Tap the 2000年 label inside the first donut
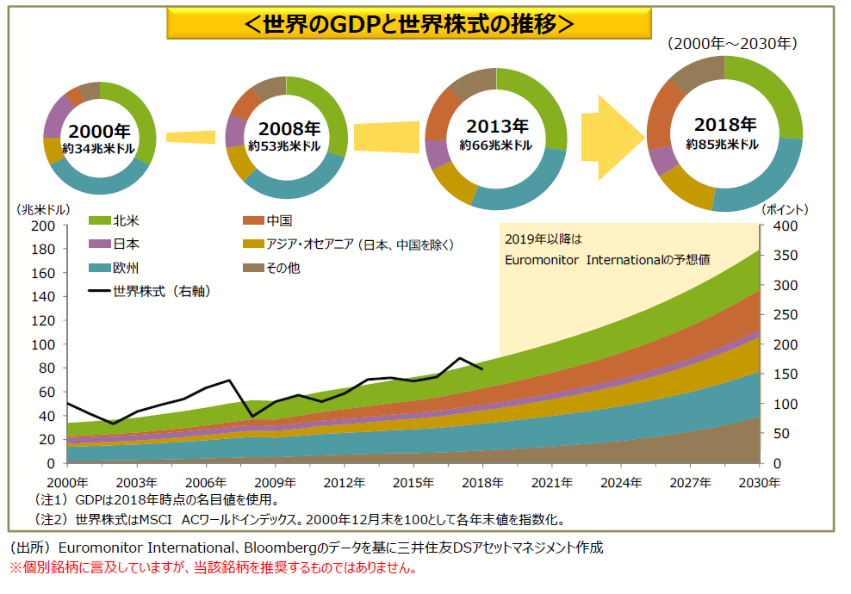[99, 132]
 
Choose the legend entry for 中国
[280, 220]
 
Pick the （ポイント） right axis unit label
[786, 209]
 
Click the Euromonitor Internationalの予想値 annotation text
[607, 258]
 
